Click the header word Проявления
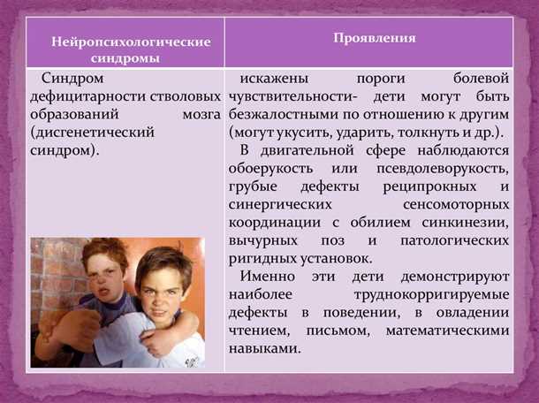pyautogui.click(x=375, y=39)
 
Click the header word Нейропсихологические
pyautogui.click(x=130, y=42)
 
